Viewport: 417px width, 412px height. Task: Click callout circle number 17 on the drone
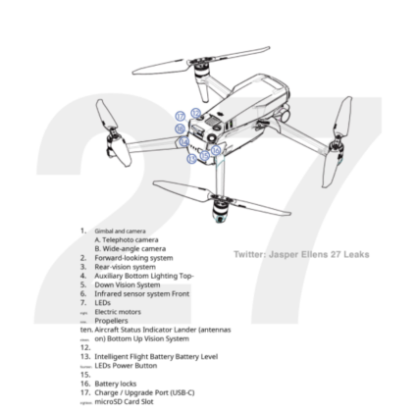point(180,116)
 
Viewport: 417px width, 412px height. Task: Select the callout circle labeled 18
point(180,129)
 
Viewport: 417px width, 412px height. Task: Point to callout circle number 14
point(184,141)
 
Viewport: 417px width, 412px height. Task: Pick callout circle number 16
point(215,150)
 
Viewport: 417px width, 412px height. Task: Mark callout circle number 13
point(191,158)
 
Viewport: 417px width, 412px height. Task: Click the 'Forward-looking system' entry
point(133,257)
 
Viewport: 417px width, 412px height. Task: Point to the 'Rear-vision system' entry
point(127,266)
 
